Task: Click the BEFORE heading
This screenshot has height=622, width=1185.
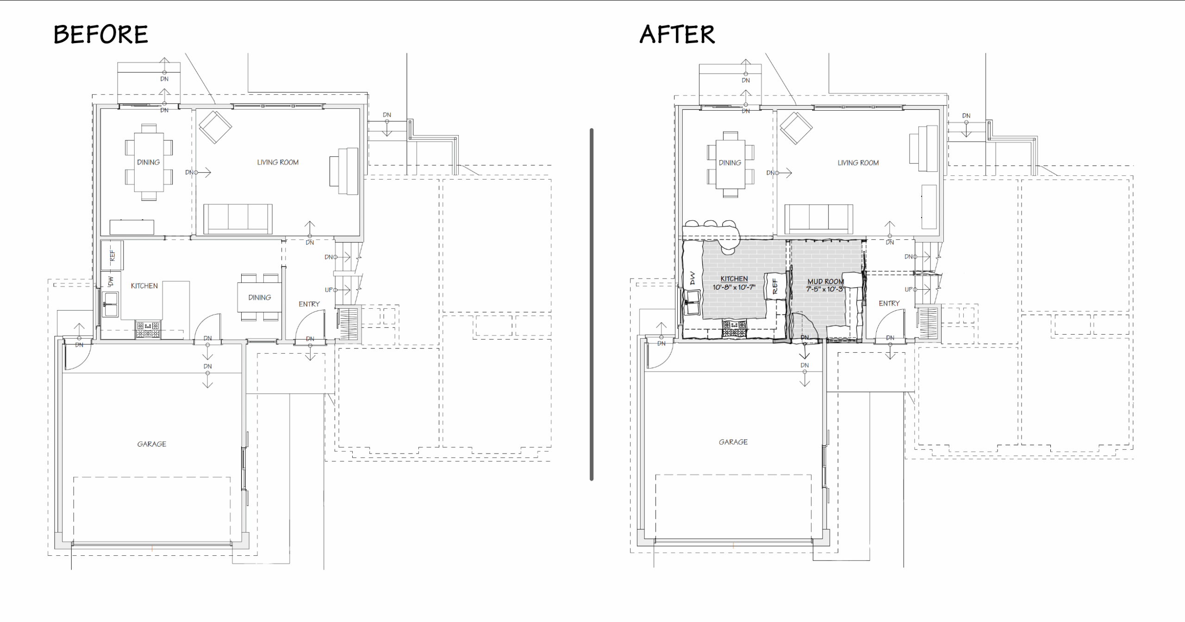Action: pos(101,34)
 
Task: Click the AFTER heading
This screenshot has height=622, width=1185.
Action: pos(677,34)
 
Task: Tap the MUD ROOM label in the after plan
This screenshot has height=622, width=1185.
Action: pos(826,281)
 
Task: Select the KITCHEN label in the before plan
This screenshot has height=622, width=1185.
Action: pos(144,286)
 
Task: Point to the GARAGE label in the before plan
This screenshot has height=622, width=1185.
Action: pos(152,444)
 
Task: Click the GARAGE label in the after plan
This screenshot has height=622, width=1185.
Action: pos(733,442)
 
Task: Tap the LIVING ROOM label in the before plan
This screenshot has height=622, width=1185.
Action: pos(278,162)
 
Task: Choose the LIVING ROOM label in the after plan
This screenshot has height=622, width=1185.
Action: pos(858,163)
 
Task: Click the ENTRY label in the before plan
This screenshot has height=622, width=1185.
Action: pos(309,304)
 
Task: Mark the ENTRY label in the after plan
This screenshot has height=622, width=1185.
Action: pos(889,304)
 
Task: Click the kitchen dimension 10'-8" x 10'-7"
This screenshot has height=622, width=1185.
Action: pos(734,287)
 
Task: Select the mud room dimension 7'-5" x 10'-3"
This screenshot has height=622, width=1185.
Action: pos(825,289)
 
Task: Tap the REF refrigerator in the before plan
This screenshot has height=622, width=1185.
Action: pos(112,255)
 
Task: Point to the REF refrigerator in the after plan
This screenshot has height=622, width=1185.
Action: pos(775,286)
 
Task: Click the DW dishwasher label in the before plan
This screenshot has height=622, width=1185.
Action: pos(111,281)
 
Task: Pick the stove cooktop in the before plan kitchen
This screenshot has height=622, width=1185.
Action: pos(148,329)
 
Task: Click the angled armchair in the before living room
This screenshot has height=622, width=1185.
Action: pos(215,127)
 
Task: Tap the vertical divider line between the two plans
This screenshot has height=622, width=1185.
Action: pos(592,305)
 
